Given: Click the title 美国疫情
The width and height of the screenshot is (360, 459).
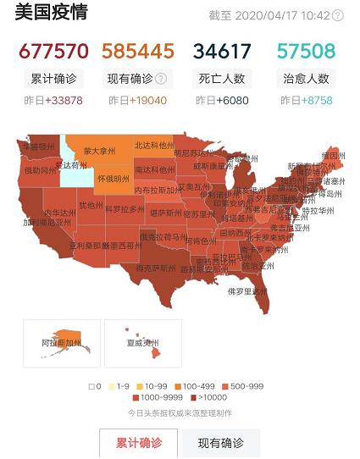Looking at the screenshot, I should [x=52, y=14].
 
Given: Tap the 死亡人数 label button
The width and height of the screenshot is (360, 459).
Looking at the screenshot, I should [x=222, y=79].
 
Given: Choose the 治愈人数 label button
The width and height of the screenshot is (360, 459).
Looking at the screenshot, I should [x=306, y=79].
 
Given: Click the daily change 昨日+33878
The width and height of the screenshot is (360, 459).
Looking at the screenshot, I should [x=53, y=101].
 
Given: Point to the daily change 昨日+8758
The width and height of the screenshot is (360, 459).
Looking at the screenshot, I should [x=306, y=101].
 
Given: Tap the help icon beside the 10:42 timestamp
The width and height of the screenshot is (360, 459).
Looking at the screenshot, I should [x=338, y=15].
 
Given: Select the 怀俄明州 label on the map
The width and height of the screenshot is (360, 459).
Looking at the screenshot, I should [x=113, y=179].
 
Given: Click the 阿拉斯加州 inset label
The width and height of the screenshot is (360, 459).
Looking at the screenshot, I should [x=61, y=345].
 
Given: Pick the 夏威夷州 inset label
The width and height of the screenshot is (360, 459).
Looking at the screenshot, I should [x=143, y=345].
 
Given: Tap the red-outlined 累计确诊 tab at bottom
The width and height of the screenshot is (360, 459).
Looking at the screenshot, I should [x=138, y=443].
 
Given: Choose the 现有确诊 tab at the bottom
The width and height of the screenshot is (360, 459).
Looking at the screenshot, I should [x=220, y=443].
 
